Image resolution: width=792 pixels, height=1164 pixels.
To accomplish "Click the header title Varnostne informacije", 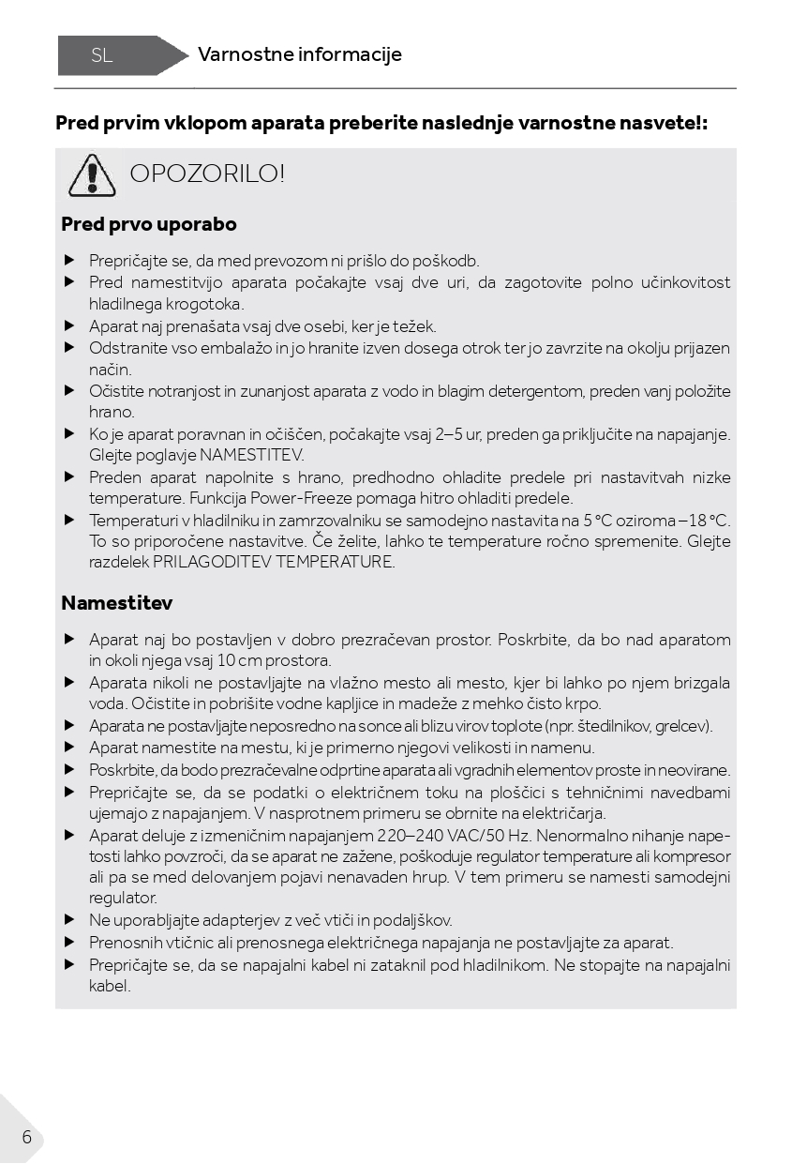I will pyautogui.click(x=299, y=54).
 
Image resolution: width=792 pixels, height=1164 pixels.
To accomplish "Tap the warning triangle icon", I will pyautogui.click(x=91, y=174).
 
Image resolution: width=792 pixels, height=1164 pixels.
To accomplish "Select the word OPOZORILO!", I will pyautogui.click(x=206, y=174).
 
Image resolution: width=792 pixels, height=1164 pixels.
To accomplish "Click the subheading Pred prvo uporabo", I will pyautogui.click(x=148, y=224).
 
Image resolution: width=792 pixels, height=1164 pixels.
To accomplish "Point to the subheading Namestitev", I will pyautogui.click(x=116, y=602).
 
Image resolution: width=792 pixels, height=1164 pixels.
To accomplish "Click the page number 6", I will pyautogui.click(x=26, y=1137).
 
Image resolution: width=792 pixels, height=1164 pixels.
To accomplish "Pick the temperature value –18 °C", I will pyautogui.click(x=703, y=521).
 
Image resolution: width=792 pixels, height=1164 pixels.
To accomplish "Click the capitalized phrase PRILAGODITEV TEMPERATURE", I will pyautogui.click(x=274, y=563).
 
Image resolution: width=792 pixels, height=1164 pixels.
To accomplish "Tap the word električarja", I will pyautogui.click(x=550, y=813).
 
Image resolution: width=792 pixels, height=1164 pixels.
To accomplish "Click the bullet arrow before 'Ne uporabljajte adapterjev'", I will pyautogui.click(x=69, y=919).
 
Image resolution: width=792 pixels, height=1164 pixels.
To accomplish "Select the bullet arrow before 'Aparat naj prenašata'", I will pyautogui.click(x=69, y=325).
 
